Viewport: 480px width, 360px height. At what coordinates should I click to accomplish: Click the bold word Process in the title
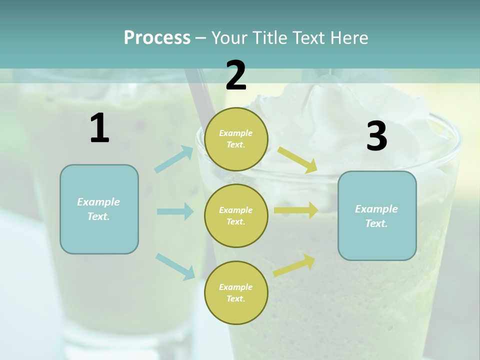click(x=157, y=38)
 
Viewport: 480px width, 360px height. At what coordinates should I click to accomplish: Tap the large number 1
click(x=99, y=128)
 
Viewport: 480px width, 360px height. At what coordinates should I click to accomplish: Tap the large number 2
click(x=236, y=75)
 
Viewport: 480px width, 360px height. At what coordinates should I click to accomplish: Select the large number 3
click(x=376, y=136)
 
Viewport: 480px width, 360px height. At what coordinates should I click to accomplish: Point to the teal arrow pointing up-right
click(x=174, y=159)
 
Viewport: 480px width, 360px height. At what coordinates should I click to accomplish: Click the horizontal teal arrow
click(x=175, y=211)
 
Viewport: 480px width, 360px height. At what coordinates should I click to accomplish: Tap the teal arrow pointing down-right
click(x=175, y=266)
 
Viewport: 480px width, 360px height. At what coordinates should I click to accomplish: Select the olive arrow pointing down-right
click(x=297, y=159)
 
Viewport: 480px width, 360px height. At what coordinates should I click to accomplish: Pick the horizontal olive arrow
click(x=296, y=210)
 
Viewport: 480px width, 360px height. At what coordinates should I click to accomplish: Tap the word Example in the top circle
click(x=235, y=133)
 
